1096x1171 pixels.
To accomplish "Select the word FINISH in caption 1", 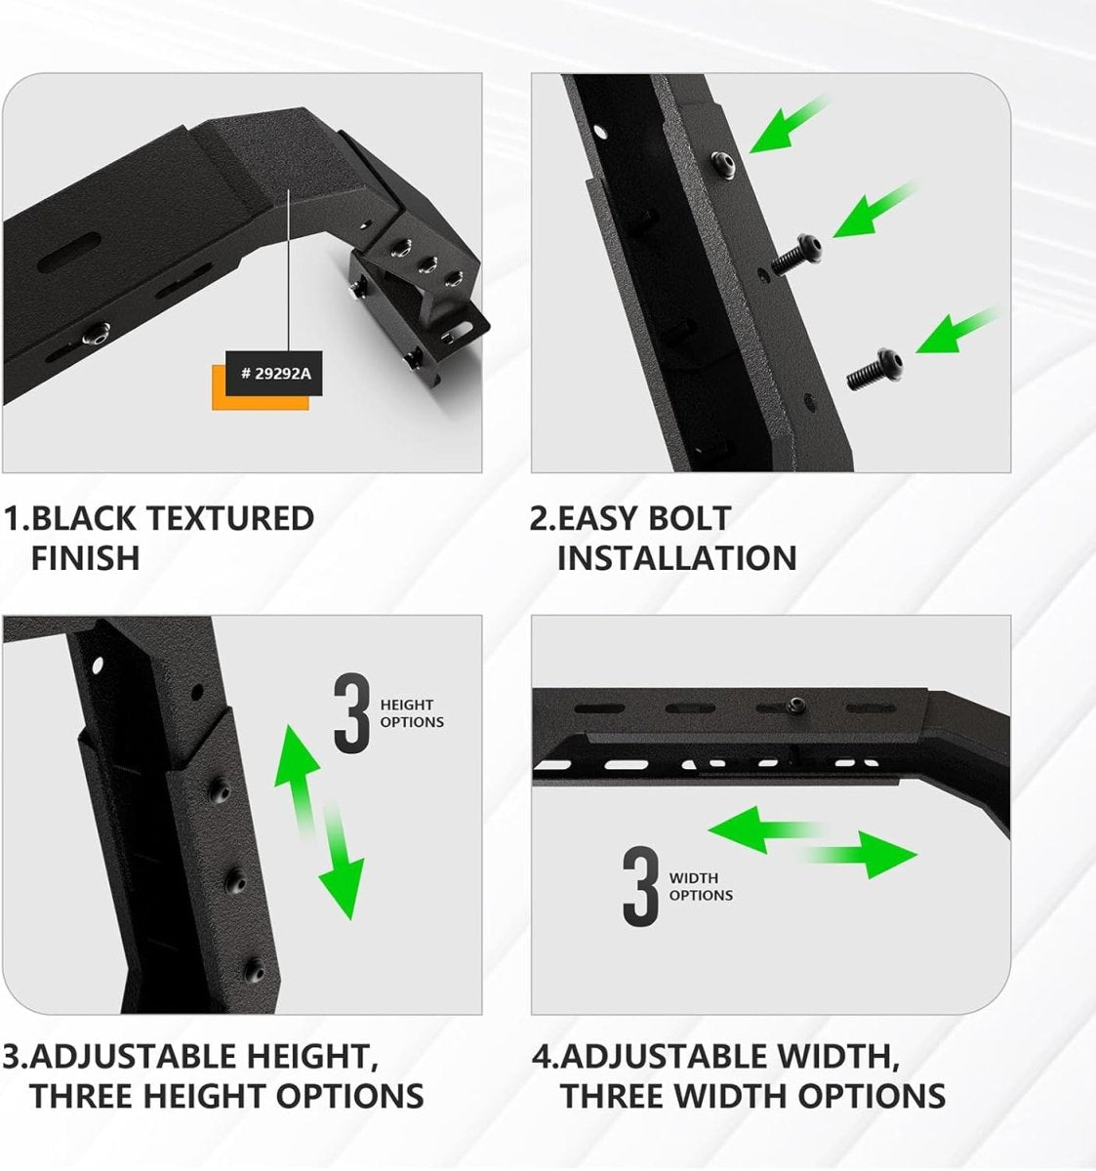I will (x=85, y=558).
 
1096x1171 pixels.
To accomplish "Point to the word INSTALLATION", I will (x=676, y=558).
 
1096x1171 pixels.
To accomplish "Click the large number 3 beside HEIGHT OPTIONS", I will (x=351, y=717).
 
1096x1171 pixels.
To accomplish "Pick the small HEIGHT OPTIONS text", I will (x=411, y=713).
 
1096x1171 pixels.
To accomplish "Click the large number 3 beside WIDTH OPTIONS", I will (x=641, y=887).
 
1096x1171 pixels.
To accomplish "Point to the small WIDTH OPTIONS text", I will (x=700, y=887).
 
